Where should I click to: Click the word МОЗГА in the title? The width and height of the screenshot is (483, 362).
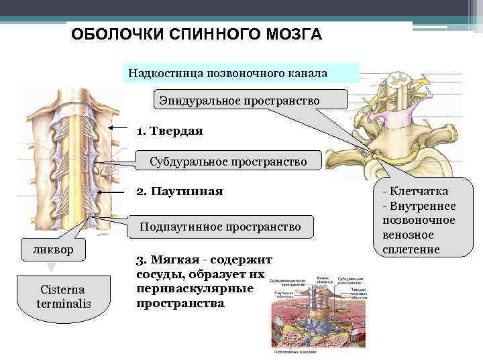click(293, 34)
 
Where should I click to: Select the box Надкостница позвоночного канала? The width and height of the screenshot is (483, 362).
click(241, 72)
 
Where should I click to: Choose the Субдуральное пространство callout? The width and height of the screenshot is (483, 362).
click(228, 162)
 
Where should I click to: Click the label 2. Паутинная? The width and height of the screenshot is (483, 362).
click(179, 192)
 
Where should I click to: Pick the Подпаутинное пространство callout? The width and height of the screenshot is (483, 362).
click(220, 227)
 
